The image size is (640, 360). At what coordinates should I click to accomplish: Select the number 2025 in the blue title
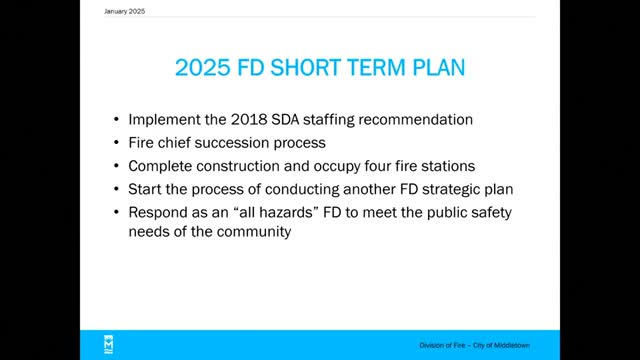(x=203, y=68)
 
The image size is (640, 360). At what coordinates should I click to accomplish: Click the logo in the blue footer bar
(x=109, y=345)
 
